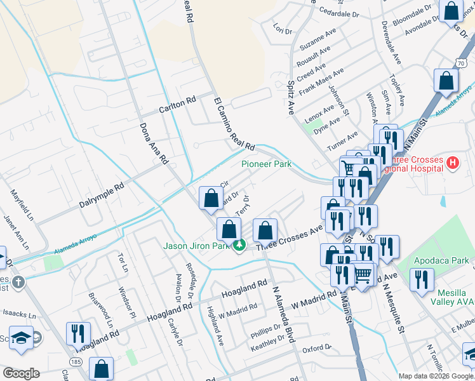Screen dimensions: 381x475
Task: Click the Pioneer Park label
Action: tap(266, 164)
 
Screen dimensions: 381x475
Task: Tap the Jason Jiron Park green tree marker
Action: tap(239, 244)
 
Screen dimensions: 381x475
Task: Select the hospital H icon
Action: tap(452, 163)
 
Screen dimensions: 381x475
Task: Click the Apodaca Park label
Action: tap(441, 260)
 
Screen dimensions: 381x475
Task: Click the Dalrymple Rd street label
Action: tap(102, 197)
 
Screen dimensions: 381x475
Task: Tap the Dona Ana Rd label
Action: tap(154, 143)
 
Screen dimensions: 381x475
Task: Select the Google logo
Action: tap(21, 373)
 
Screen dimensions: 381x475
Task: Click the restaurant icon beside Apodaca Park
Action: tap(422, 279)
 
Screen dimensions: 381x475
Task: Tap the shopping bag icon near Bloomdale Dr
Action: tap(450, 12)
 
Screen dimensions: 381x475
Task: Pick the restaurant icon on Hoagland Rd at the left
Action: tap(78, 333)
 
